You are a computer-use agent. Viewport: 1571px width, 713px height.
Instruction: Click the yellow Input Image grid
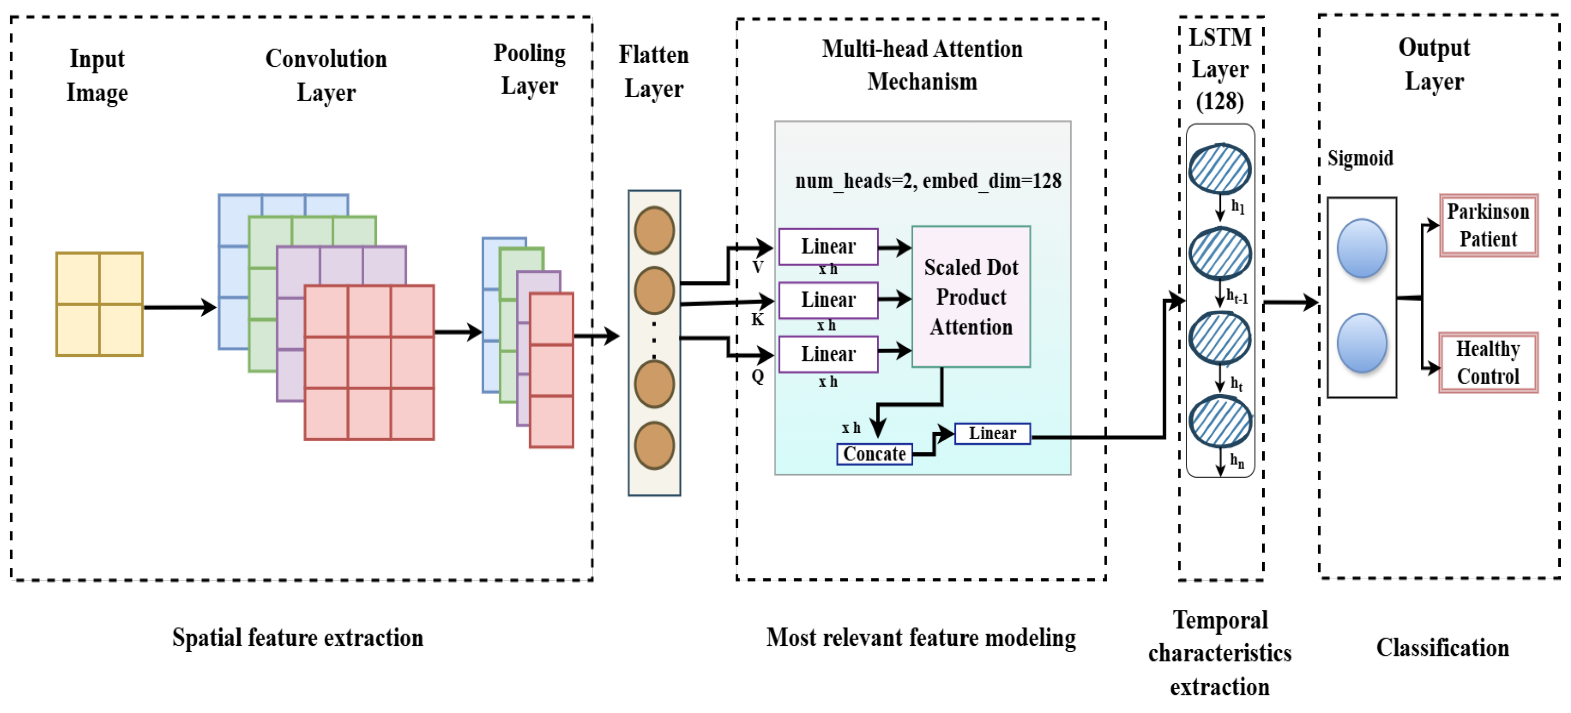click(99, 304)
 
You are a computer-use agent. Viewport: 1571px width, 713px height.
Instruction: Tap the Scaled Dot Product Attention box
click(971, 296)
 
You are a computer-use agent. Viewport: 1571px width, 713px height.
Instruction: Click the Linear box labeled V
click(828, 247)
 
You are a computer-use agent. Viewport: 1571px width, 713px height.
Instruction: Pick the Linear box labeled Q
click(828, 354)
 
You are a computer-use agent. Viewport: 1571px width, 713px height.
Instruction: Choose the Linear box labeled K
click(828, 300)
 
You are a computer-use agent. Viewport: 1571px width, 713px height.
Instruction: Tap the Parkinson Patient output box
click(1488, 225)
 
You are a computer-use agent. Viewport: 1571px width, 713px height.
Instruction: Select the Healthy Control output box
click(1488, 362)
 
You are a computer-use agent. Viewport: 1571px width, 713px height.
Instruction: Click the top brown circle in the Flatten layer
click(654, 230)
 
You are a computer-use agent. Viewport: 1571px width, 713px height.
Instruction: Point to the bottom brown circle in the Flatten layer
click(654, 445)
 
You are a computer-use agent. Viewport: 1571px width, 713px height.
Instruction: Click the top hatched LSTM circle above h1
click(1220, 168)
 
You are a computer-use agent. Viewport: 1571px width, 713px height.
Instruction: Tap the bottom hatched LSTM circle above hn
click(1220, 422)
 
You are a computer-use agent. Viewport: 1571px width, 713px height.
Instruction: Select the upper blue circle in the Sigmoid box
click(1362, 248)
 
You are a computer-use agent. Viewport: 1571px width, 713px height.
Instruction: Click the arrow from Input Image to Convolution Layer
click(180, 307)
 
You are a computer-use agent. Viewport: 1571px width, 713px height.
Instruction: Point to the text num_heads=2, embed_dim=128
click(928, 180)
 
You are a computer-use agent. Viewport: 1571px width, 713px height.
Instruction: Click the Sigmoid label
click(1360, 159)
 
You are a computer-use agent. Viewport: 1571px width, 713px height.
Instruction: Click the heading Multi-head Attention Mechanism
click(922, 65)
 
